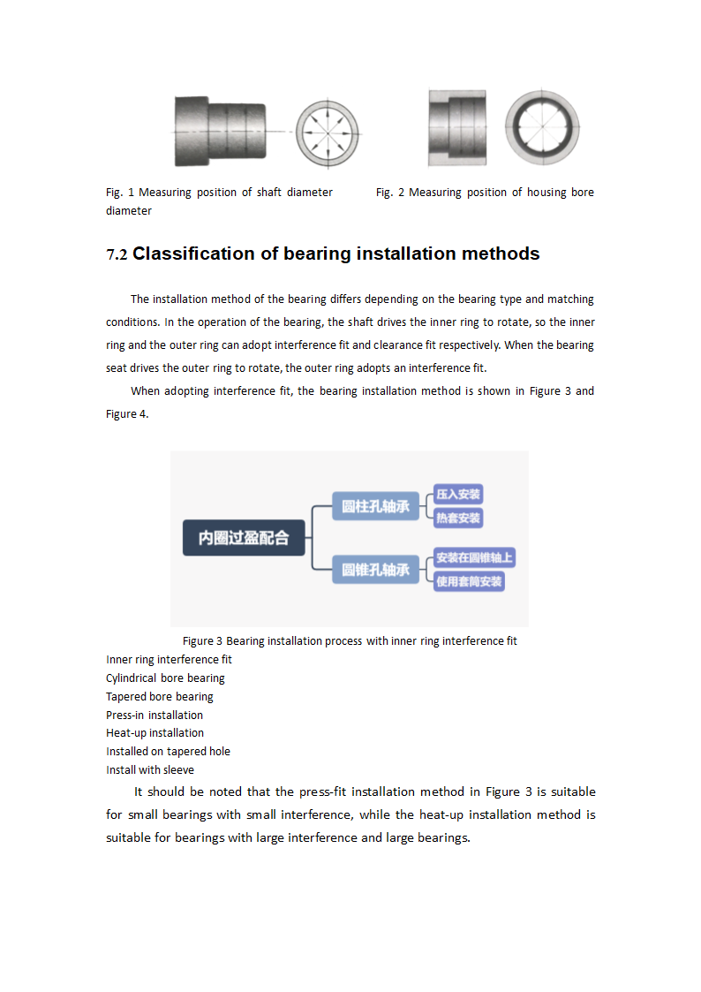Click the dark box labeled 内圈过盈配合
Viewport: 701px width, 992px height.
pos(244,538)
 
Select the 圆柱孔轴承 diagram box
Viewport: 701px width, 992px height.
pos(376,506)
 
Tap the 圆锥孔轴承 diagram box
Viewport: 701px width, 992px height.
pos(376,570)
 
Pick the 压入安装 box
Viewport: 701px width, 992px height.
pos(458,495)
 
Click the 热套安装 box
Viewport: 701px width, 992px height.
pos(458,519)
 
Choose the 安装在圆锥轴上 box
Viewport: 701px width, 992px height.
pos(474,558)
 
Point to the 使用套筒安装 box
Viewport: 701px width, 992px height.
pos(469,581)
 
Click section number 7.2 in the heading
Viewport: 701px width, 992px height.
pos(117,255)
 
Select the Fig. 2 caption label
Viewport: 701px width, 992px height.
pos(389,193)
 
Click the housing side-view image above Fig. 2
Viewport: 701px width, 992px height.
pos(456,128)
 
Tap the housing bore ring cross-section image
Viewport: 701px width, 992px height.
pos(542,128)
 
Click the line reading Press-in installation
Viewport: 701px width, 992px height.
pos(155,715)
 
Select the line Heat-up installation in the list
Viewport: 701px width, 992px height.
pos(155,733)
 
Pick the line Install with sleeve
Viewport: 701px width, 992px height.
pos(150,769)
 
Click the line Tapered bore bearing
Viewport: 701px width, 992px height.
pos(160,697)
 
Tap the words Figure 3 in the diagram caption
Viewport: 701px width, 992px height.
pos(202,641)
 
